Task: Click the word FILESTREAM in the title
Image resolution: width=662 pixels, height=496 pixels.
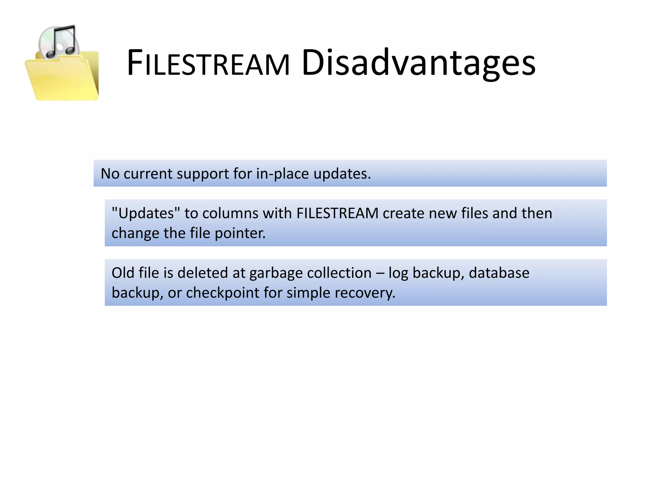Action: (208, 63)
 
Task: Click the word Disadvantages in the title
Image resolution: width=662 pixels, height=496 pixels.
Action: (418, 63)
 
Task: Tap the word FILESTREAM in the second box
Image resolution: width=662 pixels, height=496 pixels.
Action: (337, 213)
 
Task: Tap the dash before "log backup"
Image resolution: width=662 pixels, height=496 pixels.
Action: (380, 273)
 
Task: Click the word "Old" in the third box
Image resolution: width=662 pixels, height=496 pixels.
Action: (123, 273)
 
